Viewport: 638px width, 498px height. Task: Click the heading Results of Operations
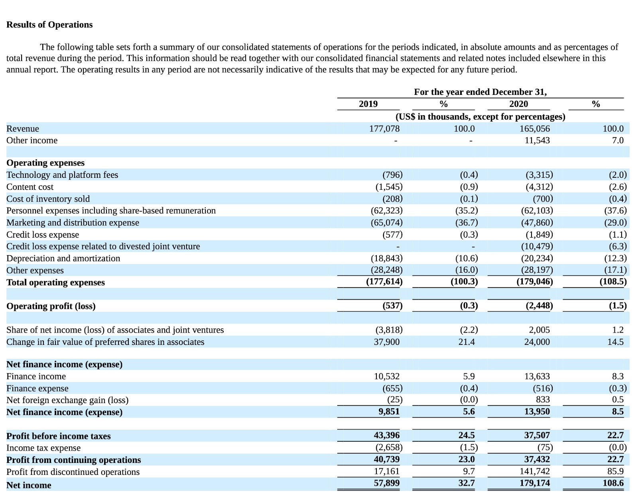coord(49,25)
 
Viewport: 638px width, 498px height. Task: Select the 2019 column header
coord(368,104)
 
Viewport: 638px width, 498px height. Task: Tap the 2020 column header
coord(518,104)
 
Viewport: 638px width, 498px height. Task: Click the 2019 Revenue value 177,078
coord(384,129)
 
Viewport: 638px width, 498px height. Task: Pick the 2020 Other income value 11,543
coord(537,140)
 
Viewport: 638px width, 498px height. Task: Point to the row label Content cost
coord(30,187)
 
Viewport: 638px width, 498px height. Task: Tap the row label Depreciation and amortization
coord(63,258)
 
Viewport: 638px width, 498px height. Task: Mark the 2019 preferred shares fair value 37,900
coord(386,342)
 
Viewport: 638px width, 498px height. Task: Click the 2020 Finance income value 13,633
coord(537,376)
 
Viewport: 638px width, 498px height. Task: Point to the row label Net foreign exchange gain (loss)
coord(67,400)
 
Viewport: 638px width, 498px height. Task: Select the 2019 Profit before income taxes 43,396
coord(386,435)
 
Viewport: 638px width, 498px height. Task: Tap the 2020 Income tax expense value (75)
coord(545,448)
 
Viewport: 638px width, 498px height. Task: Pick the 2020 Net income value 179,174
coord(534,483)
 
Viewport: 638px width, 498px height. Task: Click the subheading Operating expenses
coord(45,163)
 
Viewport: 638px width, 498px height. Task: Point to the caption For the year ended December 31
coord(480,92)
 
